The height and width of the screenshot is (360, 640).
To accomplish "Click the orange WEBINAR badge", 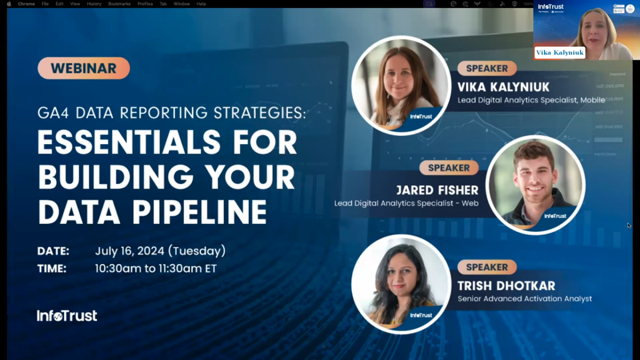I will coord(84,68).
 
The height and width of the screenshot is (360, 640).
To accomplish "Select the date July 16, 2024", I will coord(160,251).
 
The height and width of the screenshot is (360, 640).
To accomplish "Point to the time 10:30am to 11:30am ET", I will coord(156,268).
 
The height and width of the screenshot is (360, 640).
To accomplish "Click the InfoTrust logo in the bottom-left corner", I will coord(67,316).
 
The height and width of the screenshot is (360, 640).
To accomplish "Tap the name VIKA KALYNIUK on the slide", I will coord(503,87).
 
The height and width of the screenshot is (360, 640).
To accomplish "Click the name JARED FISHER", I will coord(437,190).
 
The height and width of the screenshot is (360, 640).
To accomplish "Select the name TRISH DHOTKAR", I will coord(506,286).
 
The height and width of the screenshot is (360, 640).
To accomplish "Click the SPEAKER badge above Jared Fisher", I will coord(449,168).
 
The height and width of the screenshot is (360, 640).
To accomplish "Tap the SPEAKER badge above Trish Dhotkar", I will coord(487,267).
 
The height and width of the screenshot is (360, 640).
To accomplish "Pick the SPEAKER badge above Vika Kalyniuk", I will coord(487,68).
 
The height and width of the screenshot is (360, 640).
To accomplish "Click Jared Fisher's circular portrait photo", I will coord(535,185).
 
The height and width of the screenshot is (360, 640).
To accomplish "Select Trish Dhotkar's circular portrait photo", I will coord(401,284).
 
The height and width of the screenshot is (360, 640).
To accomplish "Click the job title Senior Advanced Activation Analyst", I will coord(525,299).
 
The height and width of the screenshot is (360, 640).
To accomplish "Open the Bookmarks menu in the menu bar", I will coord(119,4).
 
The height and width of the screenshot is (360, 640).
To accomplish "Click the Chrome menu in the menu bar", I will coord(26,4).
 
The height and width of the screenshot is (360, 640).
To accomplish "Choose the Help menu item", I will coord(201,4).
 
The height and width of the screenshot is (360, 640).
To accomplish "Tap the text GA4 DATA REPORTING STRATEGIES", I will coord(172,113).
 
